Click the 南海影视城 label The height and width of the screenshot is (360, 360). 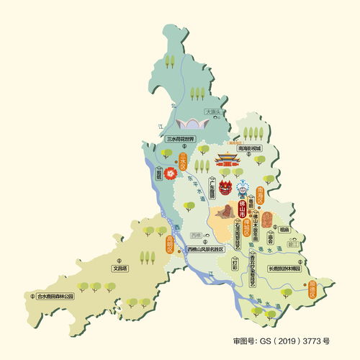250,148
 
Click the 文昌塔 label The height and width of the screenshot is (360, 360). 120,268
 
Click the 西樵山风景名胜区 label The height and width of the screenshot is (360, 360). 207,250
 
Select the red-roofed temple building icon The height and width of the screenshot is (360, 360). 229,161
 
